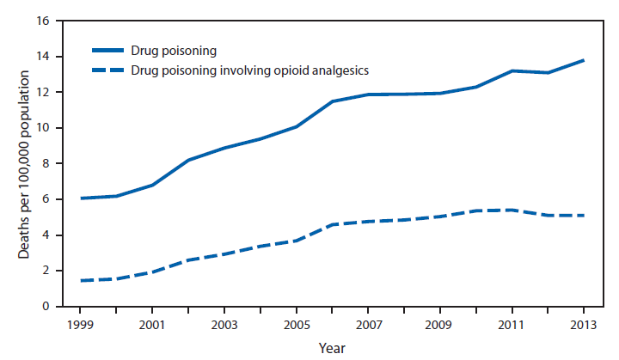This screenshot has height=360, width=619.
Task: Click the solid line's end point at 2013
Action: click(x=585, y=60)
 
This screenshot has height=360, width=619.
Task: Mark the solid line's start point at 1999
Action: click(x=80, y=198)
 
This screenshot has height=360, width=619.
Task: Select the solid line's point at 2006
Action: click(x=333, y=101)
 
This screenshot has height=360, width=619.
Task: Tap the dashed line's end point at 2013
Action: click(x=585, y=215)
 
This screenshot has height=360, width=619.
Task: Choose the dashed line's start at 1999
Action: click(x=80, y=280)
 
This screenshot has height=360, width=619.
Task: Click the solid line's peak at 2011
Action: click(x=512, y=70)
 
